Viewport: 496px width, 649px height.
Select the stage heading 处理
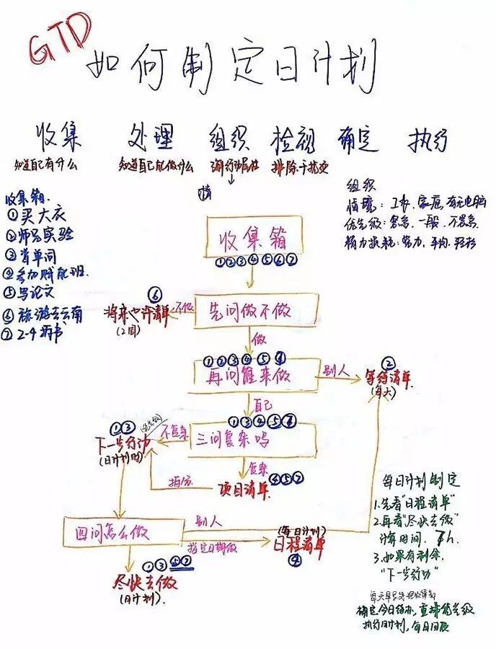pos(155,136)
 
